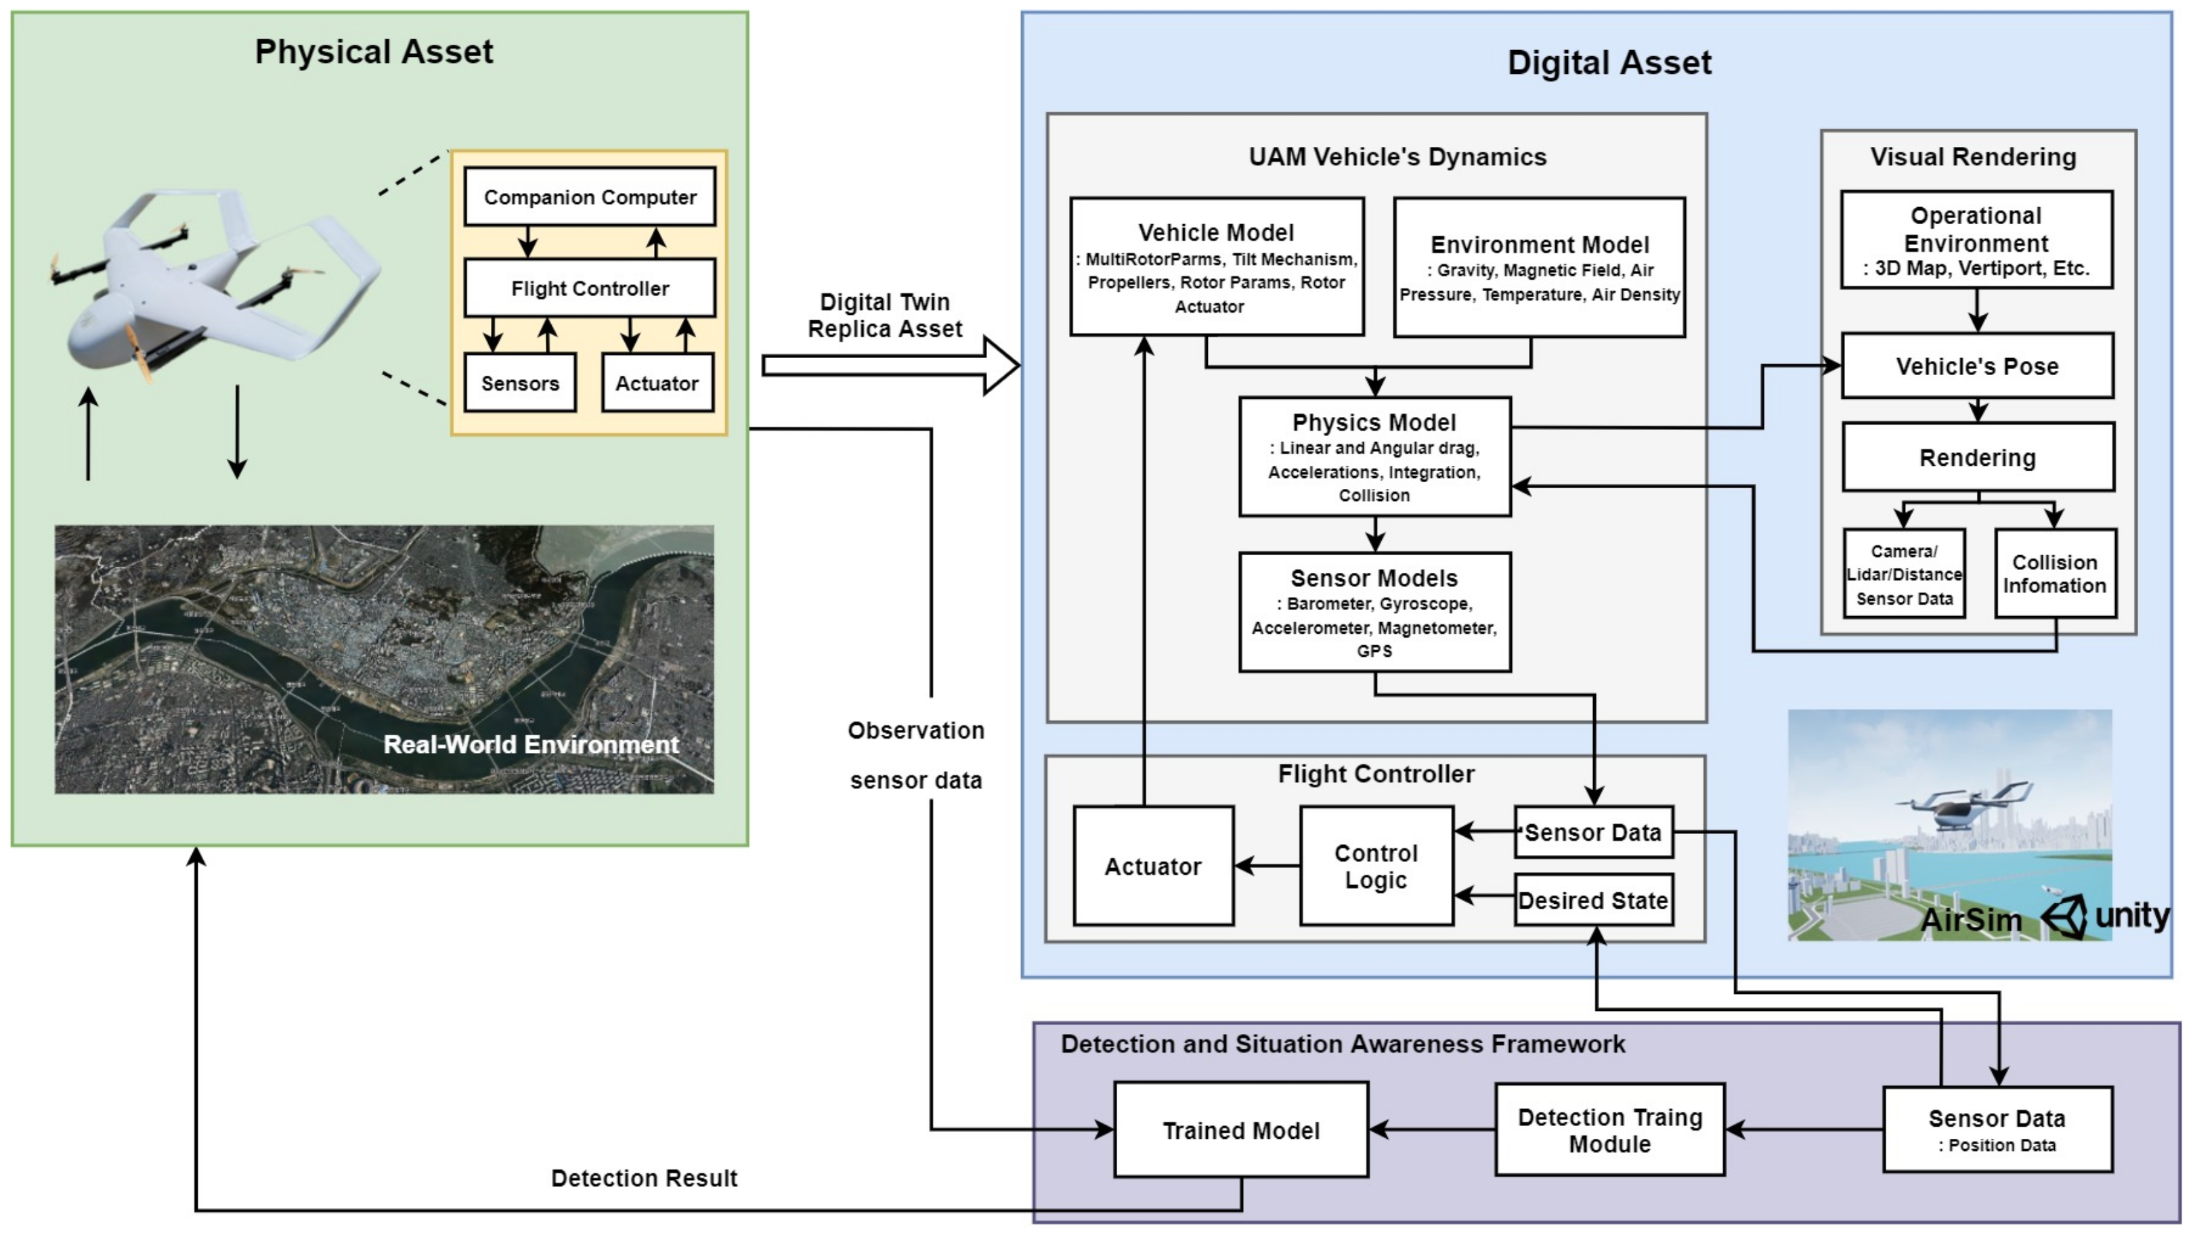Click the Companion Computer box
tap(589, 196)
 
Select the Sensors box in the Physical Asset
tap(519, 383)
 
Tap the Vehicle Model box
tap(1216, 267)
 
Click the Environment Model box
tap(1538, 267)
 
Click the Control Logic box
tap(1376, 866)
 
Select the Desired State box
tap(1593, 900)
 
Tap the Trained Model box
tap(1240, 1130)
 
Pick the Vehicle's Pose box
tap(1977, 366)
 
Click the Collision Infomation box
tap(2054, 573)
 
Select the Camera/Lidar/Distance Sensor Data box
tap(1903, 573)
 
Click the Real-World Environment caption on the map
tap(531, 744)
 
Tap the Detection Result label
tap(644, 1178)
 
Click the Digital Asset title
tap(1608, 63)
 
